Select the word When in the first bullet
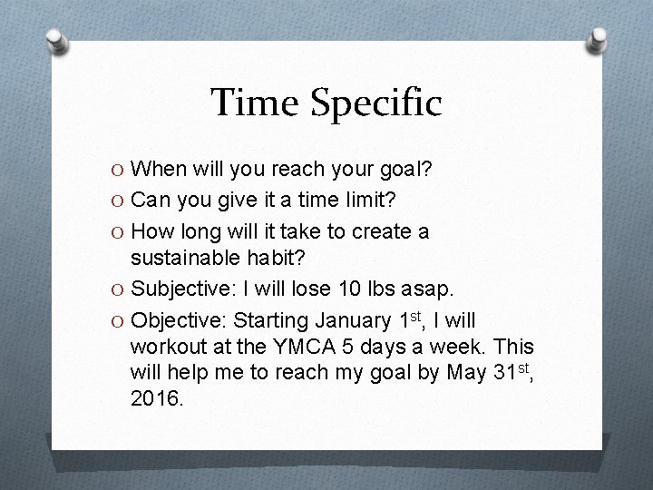pos(159,170)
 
